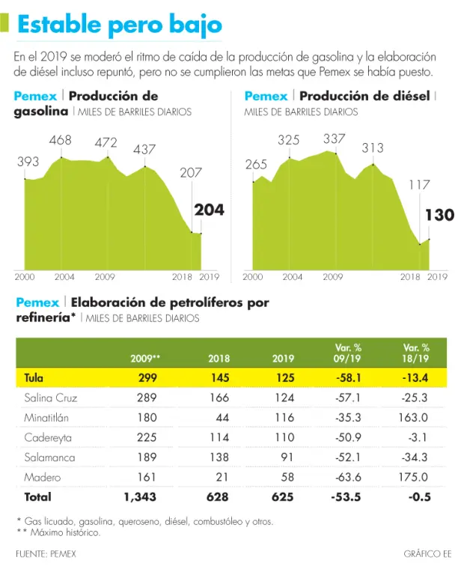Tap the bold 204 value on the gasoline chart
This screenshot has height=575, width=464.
coord(209,210)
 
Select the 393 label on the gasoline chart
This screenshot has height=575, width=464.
coord(28,162)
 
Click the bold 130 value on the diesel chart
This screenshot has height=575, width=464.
coord(439,216)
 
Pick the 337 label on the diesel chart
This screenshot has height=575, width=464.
coord(335,139)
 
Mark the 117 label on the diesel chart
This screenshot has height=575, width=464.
coord(419,184)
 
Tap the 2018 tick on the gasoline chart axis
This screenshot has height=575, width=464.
coord(183,277)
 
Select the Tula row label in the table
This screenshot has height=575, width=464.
coord(34,378)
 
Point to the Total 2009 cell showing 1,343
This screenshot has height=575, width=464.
coord(141,496)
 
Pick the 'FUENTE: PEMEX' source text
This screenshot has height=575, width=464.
coord(46,554)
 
